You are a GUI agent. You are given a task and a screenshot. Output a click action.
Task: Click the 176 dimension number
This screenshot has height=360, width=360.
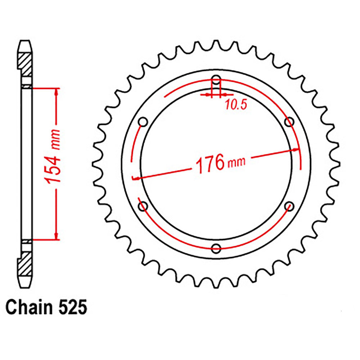pos(210,164)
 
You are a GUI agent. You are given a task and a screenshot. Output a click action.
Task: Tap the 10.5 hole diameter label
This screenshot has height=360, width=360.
pos(236,105)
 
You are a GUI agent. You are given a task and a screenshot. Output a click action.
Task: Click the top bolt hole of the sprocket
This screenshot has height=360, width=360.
pos(216,80)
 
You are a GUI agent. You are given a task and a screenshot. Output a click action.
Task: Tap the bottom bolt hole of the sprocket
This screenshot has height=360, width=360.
pos(216,248)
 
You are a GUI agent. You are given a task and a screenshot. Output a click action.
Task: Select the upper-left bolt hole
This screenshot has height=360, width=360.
pos(143,122)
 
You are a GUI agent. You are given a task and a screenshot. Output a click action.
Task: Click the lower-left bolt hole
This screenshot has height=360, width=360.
pos(143,206)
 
